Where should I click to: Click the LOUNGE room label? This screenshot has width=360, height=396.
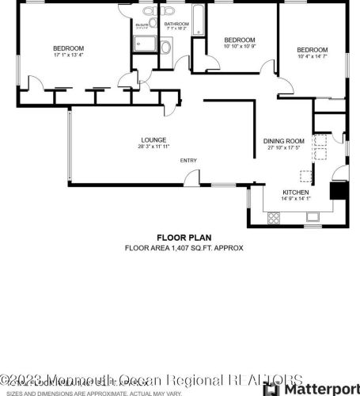(x=153, y=140)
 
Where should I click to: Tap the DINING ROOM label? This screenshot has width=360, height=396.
(x=283, y=141)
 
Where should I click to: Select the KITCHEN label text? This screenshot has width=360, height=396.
(x=297, y=192)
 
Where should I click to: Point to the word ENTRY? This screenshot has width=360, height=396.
(x=188, y=161)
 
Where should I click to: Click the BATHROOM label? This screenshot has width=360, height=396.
(x=176, y=25)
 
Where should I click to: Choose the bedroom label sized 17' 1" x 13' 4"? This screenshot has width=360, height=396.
(x=68, y=49)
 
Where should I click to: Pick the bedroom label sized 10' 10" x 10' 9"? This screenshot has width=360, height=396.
(x=239, y=40)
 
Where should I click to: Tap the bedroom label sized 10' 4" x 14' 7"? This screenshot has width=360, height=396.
(x=312, y=51)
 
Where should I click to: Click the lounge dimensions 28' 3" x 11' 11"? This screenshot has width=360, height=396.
(x=153, y=147)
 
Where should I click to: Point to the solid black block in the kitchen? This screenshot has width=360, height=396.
(x=338, y=191)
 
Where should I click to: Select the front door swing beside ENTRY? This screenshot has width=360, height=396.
(x=191, y=178)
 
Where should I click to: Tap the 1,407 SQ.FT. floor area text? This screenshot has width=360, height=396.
(x=183, y=248)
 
